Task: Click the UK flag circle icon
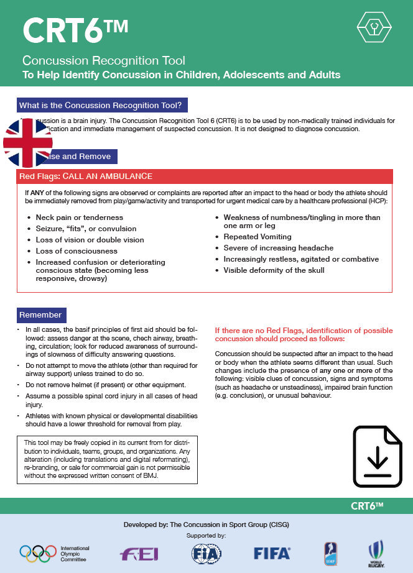point(28,143)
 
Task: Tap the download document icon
point(378,456)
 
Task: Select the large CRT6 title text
point(75,31)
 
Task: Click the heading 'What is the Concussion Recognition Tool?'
point(103,105)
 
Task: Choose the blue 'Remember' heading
point(40,314)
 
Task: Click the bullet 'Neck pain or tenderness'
point(80,218)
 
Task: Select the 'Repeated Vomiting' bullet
point(258,237)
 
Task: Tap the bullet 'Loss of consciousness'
point(77,251)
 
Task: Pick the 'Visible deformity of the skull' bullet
point(274,270)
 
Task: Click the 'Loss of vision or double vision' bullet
point(90,240)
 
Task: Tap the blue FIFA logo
point(272,552)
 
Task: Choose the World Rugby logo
point(375,553)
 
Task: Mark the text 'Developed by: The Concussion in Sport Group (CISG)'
point(206,525)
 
